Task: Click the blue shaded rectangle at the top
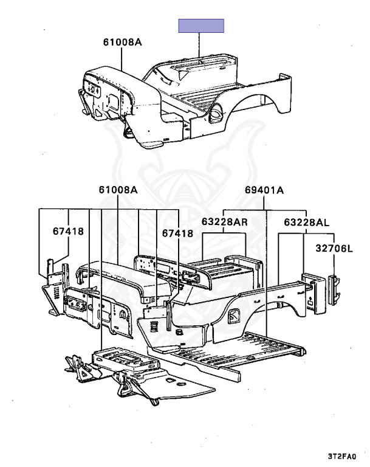(x=201, y=26)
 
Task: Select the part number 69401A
(x=264, y=190)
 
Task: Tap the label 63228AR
(x=224, y=221)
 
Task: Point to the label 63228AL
(x=306, y=222)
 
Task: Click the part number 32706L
(x=334, y=248)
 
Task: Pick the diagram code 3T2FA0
(x=342, y=456)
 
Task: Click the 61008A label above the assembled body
(x=123, y=42)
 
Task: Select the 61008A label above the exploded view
(x=118, y=190)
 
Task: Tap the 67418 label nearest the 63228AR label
(x=177, y=233)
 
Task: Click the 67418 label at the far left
(x=68, y=231)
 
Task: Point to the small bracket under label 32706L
(x=334, y=290)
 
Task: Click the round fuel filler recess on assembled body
(x=215, y=112)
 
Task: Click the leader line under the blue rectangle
(x=199, y=44)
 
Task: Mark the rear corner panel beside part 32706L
(x=315, y=293)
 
